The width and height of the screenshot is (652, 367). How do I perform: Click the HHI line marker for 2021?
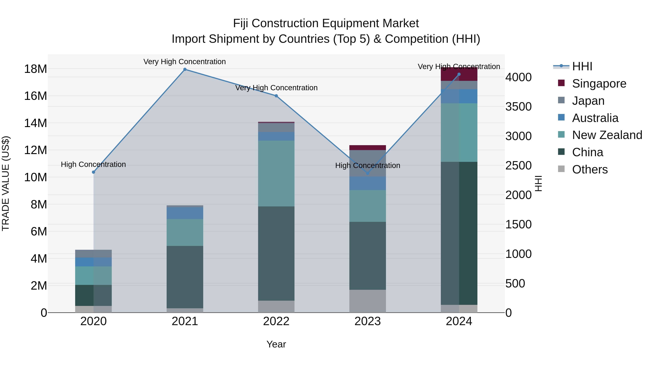coord(185,69)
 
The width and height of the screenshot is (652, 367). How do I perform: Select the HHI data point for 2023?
coord(368,173)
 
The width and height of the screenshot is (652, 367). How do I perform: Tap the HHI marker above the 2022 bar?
coord(276,96)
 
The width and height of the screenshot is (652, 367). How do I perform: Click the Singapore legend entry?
coord(599,83)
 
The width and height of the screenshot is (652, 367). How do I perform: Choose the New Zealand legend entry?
coord(607,135)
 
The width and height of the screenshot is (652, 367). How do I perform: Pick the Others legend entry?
coord(590,169)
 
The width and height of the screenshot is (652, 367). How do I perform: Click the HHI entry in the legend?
coord(582,66)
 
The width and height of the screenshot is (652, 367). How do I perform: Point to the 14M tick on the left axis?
coord(35,123)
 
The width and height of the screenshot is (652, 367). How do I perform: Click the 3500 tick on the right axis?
coord(518,107)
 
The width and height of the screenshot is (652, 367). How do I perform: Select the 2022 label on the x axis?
coord(276,321)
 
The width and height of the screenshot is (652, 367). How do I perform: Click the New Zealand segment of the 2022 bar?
coord(276,173)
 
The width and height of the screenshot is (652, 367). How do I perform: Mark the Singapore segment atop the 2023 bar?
coord(368,148)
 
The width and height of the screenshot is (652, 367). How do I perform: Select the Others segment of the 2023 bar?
coord(368,301)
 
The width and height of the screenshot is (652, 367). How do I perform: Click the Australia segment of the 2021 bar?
coord(185,213)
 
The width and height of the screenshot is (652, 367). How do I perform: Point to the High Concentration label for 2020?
coord(93,164)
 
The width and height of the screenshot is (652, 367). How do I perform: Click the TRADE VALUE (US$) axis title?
coord(6,183)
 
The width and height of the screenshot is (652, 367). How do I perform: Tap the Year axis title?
coord(276,344)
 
